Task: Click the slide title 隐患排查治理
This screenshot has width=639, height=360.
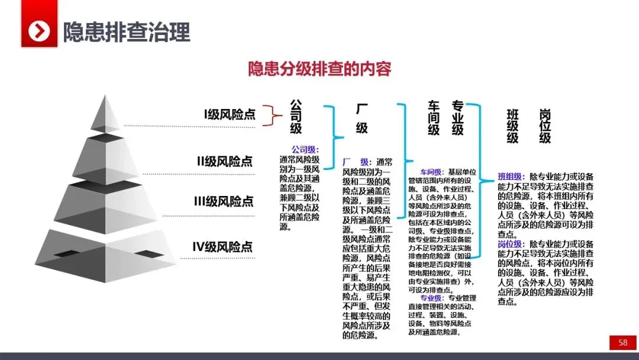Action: point(127,31)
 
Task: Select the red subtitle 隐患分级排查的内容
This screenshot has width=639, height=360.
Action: point(319,69)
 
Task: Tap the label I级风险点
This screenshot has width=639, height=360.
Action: point(230,114)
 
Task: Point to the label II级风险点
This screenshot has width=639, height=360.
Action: point(225,160)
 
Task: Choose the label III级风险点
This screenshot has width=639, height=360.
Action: point(224,201)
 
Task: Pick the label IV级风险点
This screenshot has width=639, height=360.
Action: point(222,246)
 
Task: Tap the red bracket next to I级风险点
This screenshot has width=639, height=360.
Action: point(270,115)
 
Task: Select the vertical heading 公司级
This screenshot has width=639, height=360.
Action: point(296,117)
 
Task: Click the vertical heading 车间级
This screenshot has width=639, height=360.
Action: point(434,117)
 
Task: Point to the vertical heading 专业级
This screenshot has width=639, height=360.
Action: point(457,117)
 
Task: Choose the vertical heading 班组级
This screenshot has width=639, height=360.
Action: point(512,126)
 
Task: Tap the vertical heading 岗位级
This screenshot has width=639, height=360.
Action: point(545,126)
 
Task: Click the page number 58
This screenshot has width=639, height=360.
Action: point(623,342)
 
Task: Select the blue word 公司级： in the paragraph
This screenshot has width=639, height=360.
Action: point(305,149)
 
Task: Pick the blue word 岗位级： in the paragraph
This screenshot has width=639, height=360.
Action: point(512,243)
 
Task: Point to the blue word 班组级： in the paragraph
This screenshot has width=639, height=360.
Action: point(512,176)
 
